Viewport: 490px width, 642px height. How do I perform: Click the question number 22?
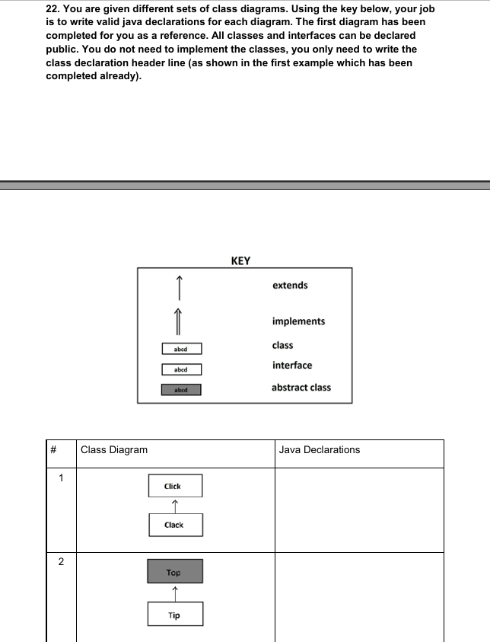coord(53,8)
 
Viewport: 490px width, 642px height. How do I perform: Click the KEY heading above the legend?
coord(240,260)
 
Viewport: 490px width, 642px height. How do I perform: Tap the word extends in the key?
coord(290,286)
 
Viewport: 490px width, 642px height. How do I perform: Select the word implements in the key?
coord(298,321)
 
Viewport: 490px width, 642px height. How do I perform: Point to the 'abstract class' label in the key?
coord(301,388)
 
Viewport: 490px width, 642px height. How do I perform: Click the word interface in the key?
coord(291,366)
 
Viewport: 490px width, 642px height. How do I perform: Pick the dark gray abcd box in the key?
coord(181,390)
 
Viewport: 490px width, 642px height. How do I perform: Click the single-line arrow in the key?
coord(180,288)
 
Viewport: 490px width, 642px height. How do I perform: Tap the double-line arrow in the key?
coord(180,321)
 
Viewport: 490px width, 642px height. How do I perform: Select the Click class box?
coord(175,486)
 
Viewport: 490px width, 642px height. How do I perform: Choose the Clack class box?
coord(175,525)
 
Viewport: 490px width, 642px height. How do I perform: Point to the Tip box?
coord(175,615)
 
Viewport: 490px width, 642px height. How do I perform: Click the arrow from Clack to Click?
coord(175,505)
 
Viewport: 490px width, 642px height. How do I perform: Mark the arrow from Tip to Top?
coord(175,592)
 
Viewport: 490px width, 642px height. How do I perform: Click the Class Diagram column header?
coord(114,450)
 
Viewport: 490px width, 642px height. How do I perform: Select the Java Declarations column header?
coord(319,450)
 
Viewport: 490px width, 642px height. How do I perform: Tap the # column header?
coord(54,450)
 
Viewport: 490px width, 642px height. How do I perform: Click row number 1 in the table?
coord(61,478)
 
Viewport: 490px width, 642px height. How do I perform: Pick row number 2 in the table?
coord(61,562)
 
